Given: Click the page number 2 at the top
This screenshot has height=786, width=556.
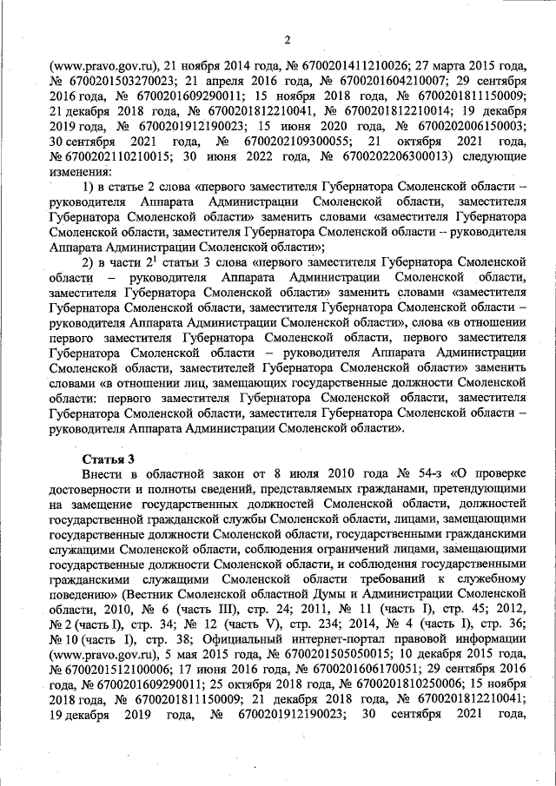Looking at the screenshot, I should pyautogui.click(x=286, y=39).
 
